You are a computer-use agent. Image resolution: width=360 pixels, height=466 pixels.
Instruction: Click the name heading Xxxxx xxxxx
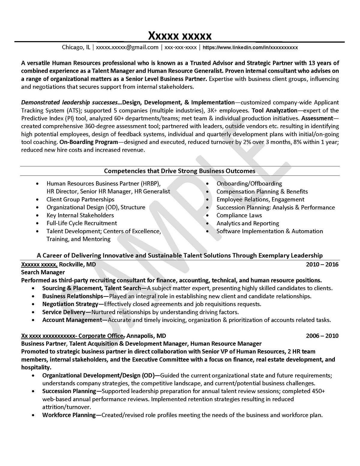180,36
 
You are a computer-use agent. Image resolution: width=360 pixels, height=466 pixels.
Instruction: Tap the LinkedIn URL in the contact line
250,48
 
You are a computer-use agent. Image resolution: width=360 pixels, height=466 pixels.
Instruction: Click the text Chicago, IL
76,47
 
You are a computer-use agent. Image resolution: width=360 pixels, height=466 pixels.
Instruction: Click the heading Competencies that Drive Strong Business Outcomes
180,171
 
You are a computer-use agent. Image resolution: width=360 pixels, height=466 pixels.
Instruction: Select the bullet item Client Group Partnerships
80,200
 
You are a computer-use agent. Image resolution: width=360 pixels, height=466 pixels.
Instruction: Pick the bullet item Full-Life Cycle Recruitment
82,223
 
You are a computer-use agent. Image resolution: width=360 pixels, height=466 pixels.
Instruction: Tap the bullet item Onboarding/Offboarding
249,184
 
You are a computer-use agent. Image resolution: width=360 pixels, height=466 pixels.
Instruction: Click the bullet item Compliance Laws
239,215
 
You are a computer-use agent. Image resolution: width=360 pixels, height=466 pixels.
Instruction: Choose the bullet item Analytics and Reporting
247,224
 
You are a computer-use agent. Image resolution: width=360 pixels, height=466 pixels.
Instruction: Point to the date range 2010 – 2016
322,265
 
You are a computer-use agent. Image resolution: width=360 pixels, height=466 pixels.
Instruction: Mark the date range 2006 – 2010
322,336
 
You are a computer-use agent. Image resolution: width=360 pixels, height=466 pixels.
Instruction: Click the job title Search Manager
43,272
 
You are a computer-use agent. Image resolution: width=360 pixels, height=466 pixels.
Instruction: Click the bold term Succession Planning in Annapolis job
69,391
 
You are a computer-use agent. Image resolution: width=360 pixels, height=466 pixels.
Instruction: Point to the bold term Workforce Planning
69,415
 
